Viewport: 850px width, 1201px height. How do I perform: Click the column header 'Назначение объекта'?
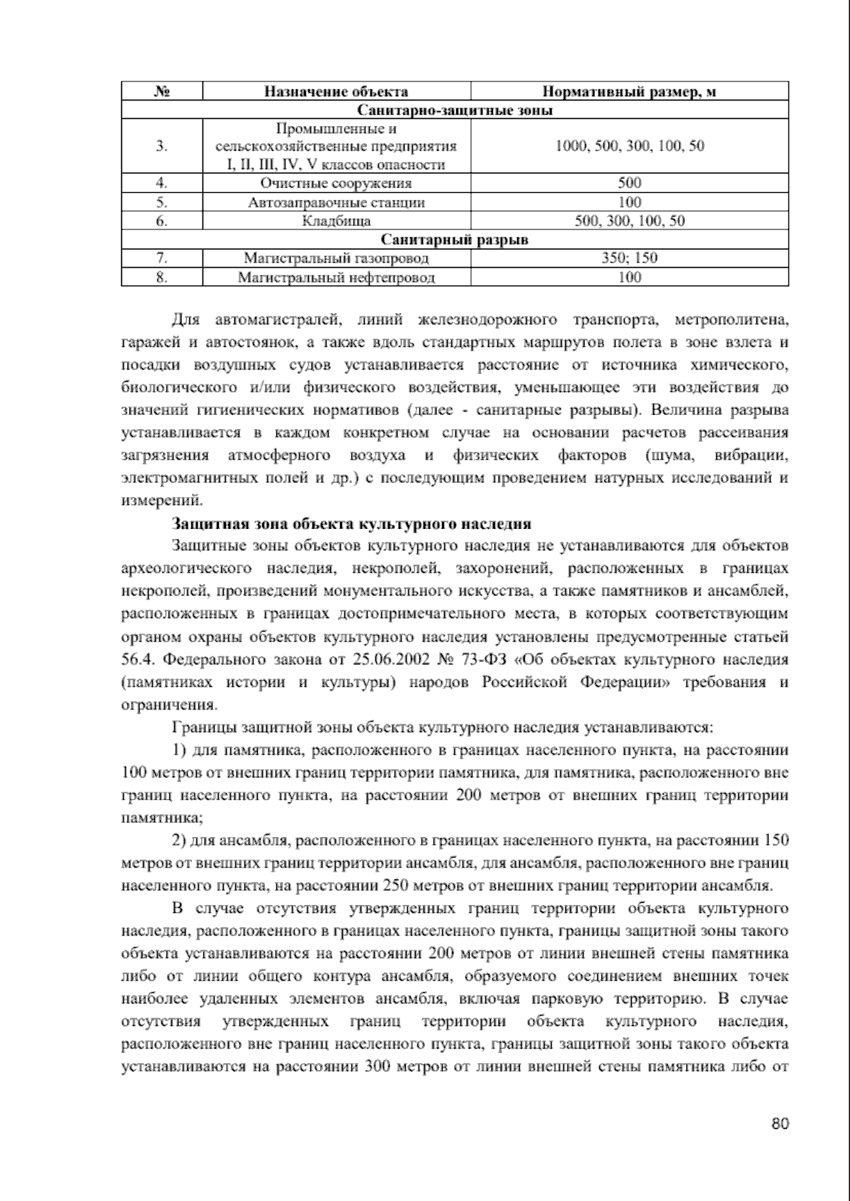pyautogui.click(x=336, y=91)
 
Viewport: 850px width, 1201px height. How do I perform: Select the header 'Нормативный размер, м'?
pyautogui.click(x=629, y=91)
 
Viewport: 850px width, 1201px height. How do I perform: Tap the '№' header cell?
pyautogui.click(x=161, y=91)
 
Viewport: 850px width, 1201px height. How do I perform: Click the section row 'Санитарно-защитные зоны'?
pyautogui.click(x=455, y=110)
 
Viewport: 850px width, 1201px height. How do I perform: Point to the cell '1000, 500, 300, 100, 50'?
pyautogui.click(x=629, y=146)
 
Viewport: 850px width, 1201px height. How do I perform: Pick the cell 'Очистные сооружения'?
pyautogui.click(x=336, y=183)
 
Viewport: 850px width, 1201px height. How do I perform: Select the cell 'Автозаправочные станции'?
pyautogui.click(x=336, y=203)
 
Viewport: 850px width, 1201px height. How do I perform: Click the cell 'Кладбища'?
pyautogui.click(x=336, y=221)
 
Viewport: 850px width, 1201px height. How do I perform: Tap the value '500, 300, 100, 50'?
pyautogui.click(x=629, y=221)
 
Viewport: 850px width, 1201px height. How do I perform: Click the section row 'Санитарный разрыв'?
pyautogui.click(x=455, y=240)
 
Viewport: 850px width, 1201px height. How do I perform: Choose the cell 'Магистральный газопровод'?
pyautogui.click(x=336, y=258)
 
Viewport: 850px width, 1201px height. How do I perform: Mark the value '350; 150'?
pyautogui.click(x=629, y=258)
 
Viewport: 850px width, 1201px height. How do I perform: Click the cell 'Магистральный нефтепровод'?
pyautogui.click(x=336, y=278)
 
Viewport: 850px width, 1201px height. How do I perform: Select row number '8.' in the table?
pyautogui.click(x=161, y=278)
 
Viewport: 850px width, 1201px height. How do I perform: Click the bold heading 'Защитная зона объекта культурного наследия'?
pyautogui.click(x=351, y=525)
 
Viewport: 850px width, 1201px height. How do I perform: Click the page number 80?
pyautogui.click(x=780, y=1124)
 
